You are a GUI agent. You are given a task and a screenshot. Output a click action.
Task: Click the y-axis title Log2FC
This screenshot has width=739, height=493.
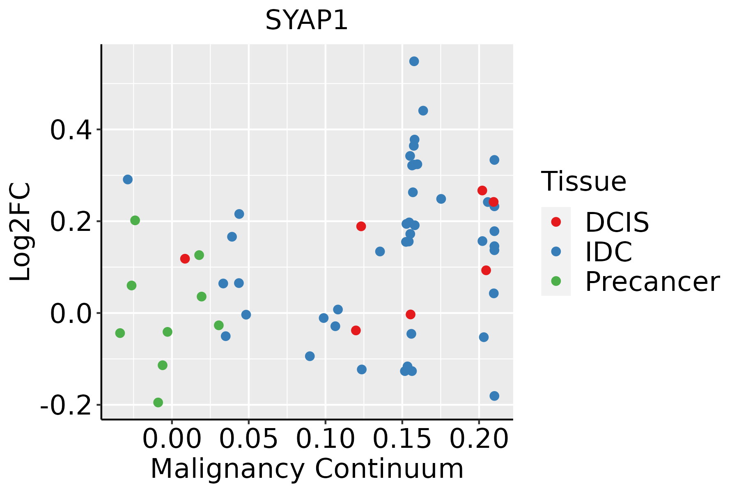(21, 232)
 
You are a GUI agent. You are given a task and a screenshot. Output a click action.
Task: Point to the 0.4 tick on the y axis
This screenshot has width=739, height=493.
(69, 130)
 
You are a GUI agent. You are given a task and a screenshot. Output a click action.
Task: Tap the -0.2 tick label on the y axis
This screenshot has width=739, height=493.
(65, 405)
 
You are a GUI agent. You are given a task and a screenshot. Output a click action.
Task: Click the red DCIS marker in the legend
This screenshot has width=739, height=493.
(556, 222)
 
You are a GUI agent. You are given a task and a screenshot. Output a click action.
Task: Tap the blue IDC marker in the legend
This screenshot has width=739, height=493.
(556, 251)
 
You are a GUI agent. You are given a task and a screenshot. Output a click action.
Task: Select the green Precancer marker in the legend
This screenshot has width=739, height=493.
(556, 281)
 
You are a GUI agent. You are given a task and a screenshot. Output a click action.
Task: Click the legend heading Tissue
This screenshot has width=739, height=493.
(584, 181)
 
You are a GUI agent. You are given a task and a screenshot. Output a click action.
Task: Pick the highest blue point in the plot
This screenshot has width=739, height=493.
(414, 61)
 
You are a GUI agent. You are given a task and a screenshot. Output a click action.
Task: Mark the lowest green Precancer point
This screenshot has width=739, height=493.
(158, 402)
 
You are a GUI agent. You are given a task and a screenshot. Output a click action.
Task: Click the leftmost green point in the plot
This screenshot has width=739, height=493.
(120, 333)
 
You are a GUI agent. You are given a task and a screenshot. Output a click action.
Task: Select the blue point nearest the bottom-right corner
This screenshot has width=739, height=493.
(494, 396)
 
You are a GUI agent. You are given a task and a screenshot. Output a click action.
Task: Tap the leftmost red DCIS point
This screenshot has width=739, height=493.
(185, 258)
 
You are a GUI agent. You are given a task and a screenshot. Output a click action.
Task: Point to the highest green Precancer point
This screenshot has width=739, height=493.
(135, 220)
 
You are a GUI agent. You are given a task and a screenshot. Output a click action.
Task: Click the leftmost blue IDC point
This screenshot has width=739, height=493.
(128, 180)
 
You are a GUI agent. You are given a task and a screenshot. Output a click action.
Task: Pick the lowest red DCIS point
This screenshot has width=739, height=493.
(356, 330)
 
